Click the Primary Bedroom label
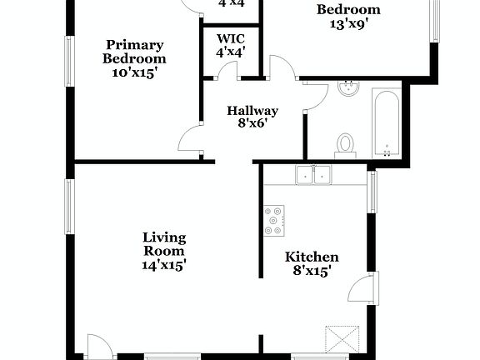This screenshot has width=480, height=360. [134, 52]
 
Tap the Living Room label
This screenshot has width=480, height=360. [163, 243]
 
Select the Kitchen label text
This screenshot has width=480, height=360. [312, 257]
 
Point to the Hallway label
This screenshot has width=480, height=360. [252, 111]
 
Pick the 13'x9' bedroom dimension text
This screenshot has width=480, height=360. [349, 24]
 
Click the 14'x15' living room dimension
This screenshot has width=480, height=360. [163, 265]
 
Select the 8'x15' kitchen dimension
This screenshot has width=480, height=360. [312, 272]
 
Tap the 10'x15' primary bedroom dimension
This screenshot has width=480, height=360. [134, 72]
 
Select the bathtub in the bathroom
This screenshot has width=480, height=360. [387, 123]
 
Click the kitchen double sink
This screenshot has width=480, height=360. [313, 175]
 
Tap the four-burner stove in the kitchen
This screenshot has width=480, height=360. [274, 219]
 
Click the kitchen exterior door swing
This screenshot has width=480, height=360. [358, 289]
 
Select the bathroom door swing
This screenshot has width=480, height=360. [313, 96]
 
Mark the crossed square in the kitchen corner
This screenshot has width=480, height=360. [342, 339]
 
